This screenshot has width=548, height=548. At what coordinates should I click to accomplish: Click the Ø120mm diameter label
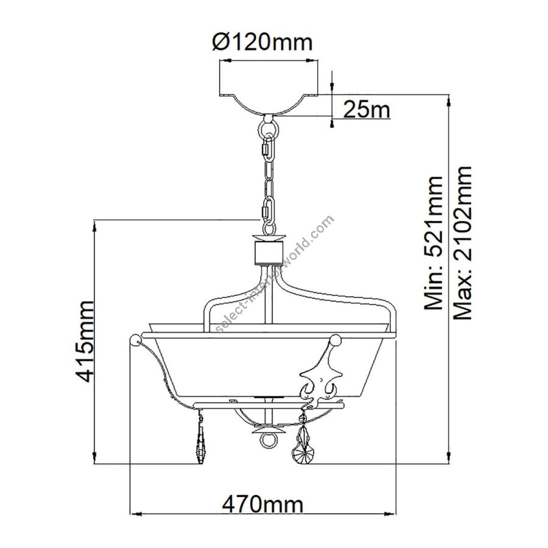262,42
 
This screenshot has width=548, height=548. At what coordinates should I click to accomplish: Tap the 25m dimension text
367,110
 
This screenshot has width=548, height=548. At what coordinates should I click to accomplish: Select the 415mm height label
85,342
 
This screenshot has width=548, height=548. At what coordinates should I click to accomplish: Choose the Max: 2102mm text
462,243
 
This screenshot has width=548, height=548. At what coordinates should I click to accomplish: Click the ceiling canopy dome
269,104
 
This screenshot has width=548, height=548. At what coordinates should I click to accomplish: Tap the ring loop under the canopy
269,129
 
